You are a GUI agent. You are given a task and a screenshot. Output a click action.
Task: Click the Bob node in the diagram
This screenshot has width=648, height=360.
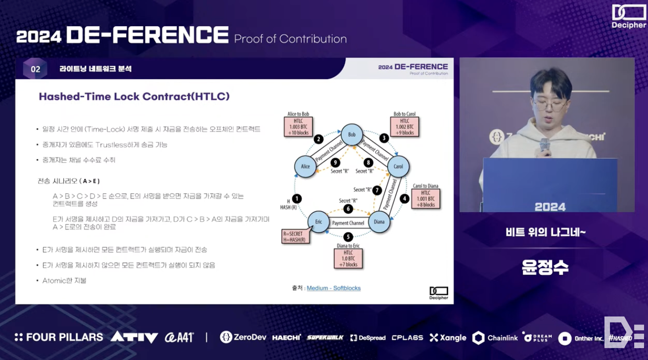point(352,135)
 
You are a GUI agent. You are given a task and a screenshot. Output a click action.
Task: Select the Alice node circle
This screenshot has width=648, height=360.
point(305,166)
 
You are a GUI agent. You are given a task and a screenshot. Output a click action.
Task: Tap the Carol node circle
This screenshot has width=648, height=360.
point(398,167)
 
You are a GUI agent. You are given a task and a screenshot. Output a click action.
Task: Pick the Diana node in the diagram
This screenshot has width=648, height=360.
point(379,222)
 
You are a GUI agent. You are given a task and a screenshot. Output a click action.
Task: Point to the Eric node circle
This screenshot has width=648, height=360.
point(319,222)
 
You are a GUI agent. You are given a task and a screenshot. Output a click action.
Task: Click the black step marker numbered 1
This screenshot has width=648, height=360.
point(297,199)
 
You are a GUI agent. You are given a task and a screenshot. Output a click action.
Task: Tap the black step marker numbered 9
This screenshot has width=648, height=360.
point(334,162)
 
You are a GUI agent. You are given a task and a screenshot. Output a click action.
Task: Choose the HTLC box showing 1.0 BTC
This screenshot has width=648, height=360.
point(349,258)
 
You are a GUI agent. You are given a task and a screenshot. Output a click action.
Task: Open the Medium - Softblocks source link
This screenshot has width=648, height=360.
point(333,288)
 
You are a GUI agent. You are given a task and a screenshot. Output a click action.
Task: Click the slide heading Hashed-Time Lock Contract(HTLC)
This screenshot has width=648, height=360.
point(134,96)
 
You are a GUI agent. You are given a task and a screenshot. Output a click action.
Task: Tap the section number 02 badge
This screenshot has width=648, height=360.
point(35,69)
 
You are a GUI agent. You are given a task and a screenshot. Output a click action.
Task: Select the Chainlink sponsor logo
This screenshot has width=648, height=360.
point(495,338)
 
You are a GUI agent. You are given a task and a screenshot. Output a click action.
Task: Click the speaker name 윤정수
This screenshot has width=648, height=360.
point(545,268)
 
